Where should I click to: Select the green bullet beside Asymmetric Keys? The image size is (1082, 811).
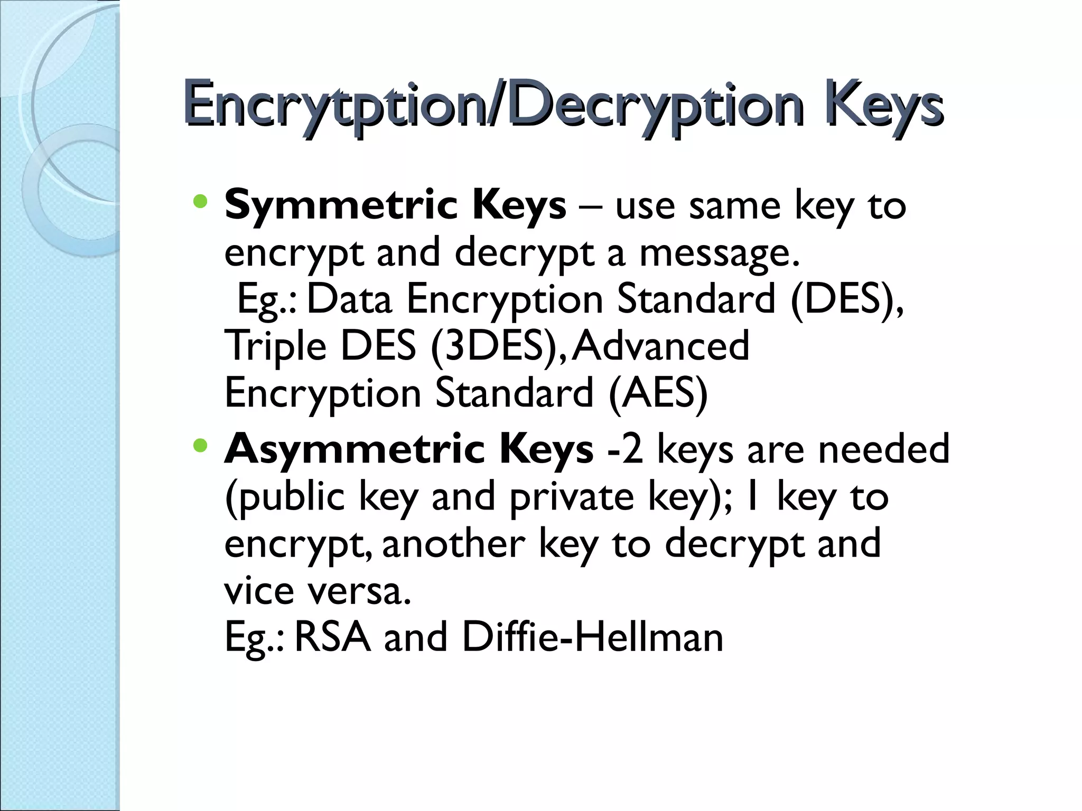[200, 446]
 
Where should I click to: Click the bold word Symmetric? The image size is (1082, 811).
[341, 206]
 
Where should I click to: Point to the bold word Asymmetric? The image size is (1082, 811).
[355, 449]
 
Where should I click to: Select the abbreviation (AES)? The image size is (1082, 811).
[658, 394]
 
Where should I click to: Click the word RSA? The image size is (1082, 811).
[332, 637]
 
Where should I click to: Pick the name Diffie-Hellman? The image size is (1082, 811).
[592, 637]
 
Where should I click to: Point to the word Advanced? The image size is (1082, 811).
[661, 346]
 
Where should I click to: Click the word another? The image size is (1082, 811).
[453, 544]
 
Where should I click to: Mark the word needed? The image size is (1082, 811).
[883, 449]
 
